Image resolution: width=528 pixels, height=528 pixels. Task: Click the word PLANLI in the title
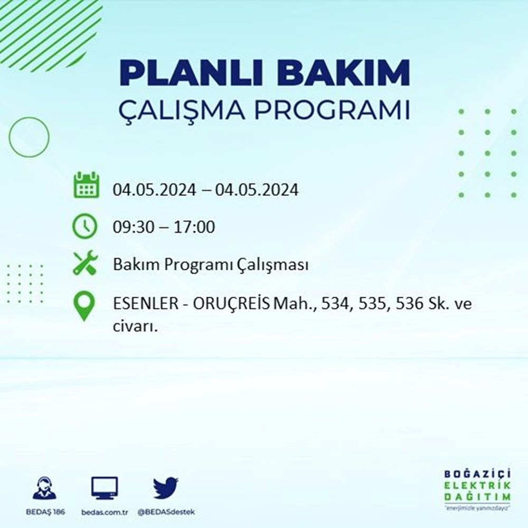click(191, 73)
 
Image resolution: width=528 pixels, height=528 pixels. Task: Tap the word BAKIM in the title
click(343, 73)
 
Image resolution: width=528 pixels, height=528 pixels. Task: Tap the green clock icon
click(85, 227)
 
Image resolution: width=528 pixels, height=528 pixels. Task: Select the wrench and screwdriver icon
click(85, 263)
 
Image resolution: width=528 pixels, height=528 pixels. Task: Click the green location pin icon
click(84, 306)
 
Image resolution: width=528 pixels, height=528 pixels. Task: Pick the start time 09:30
click(134, 227)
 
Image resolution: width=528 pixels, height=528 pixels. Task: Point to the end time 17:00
click(194, 227)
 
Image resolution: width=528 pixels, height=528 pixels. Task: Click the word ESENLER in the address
click(146, 304)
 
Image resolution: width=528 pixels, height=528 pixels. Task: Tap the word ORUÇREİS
click(231, 303)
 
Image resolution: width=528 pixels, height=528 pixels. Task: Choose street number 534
click(335, 304)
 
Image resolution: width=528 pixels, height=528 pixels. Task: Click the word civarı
click(135, 326)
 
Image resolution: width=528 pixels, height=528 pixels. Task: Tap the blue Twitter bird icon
click(166, 487)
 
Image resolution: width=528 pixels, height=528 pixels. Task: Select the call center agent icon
click(45, 487)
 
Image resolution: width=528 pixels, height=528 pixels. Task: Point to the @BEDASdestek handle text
click(166, 512)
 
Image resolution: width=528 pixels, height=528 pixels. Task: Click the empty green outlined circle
click(10, 137)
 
